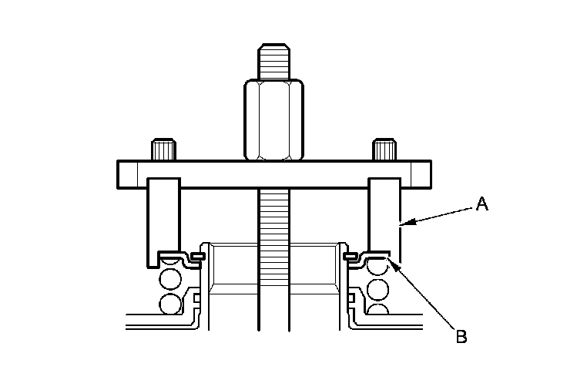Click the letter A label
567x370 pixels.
coord(481,203)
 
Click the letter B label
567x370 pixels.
coord(461,336)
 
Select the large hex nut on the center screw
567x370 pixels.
coord(274,120)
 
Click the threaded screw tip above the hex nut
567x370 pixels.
coord(274,62)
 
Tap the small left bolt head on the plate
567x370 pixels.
coord(163,149)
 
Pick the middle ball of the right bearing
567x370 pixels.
coord(377,289)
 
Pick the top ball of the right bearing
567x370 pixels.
coord(377,267)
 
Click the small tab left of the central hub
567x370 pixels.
coord(198,254)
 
